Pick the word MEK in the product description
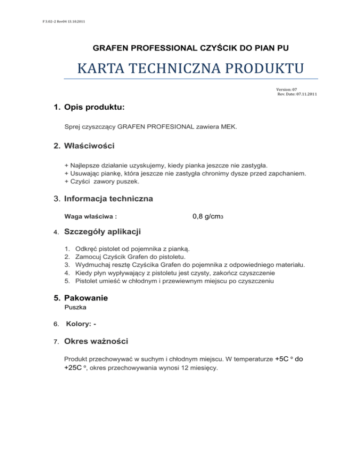pyautogui.click(x=217, y=126)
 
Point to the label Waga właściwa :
pyautogui.click(x=90, y=217)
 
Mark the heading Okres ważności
pyautogui.click(x=97, y=341)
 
